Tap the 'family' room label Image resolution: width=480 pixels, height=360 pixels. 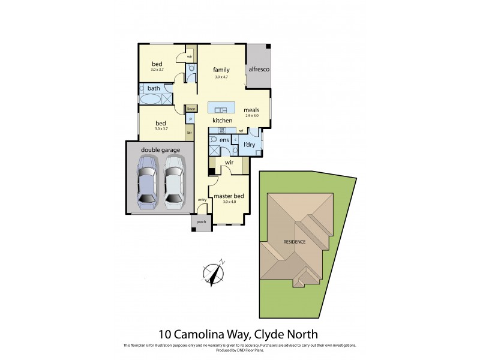(221, 70)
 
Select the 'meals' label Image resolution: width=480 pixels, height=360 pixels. (251, 110)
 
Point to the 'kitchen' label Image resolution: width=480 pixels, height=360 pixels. (222, 121)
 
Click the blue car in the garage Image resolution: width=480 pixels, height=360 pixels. (147, 181)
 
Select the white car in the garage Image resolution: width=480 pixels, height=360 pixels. (174, 181)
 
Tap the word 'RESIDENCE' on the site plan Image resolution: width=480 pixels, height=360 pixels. (295, 242)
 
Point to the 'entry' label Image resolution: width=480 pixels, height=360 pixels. (202, 200)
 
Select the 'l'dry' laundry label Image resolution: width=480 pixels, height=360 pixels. (249, 145)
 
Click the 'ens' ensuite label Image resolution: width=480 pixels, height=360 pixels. (224, 140)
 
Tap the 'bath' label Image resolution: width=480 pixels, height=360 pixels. (154, 88)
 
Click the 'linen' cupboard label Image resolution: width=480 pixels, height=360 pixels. (191, 109)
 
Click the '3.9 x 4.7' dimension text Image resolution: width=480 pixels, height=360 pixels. (221, 77)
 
